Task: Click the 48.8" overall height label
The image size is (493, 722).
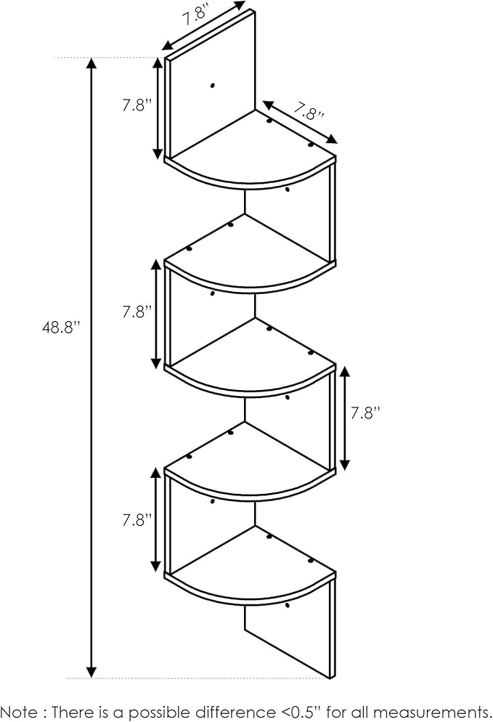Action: click(x=61, y=328)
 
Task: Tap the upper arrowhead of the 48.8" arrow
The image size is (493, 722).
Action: click(x=91, y=64)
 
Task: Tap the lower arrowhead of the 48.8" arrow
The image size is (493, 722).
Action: click(x=91, y=672)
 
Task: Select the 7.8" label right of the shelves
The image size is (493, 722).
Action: click(x=365, y=413)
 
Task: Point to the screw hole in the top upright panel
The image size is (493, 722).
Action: click(x=212, y=85)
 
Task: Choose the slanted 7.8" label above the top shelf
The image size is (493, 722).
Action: click(x=309, y=111)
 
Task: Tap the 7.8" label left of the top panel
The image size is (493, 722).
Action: click(x=137, y=105)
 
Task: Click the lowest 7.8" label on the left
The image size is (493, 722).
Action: click(x=137, y=520)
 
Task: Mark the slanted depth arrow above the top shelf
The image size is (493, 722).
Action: click(x=300, y=122)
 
